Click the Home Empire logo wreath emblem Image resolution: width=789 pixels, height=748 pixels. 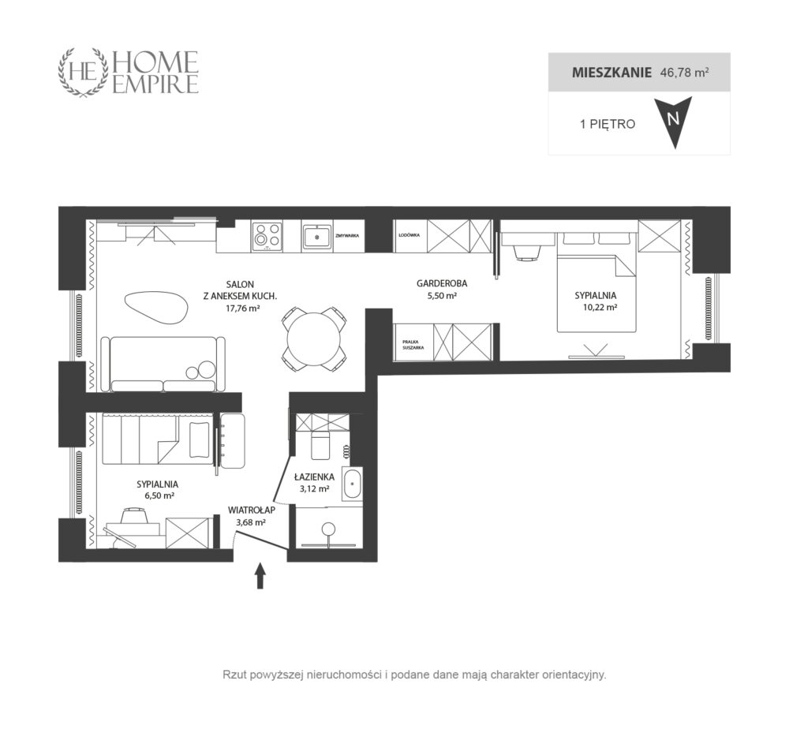tap(84, 72)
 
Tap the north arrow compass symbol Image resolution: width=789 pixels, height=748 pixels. tap(673, 122)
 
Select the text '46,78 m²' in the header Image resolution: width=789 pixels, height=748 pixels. tap(684, 73)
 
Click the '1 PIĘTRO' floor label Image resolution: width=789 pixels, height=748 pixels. tap(608, 124)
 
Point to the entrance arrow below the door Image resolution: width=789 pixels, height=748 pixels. tap(260, 575)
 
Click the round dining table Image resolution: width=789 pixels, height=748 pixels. tap(313, 338)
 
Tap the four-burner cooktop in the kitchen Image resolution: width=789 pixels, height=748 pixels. tap(267, 236)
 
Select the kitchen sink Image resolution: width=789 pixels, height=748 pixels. tap(316, 236)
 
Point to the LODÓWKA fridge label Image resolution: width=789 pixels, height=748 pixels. tap(409, 235)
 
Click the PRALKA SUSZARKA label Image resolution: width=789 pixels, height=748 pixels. tap(413, 345)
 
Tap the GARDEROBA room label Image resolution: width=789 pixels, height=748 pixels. tap(441, 283)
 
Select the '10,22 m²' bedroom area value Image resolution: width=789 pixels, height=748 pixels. tap(600, 307)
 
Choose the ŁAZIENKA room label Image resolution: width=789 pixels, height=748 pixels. tap(314, 477)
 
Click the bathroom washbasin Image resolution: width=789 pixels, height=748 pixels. tap(352, 484)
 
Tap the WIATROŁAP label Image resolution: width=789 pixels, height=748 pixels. tap(251, 511)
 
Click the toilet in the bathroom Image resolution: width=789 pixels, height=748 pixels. tap(320, 443)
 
